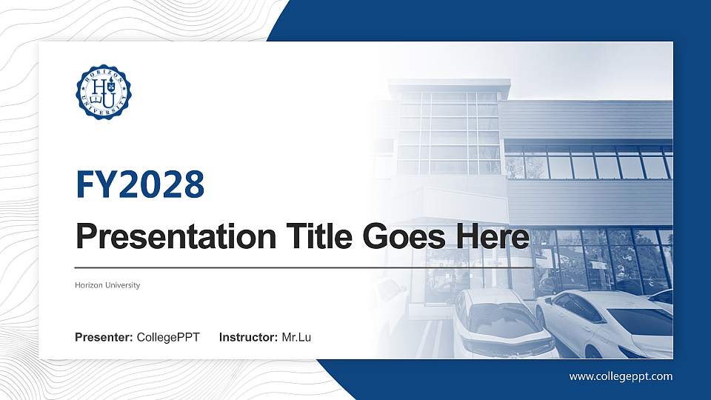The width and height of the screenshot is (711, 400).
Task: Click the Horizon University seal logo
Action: click(x=103, y=93)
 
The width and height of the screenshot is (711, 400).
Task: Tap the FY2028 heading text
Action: click(x=140, y=184)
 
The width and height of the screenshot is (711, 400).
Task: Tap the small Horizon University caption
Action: click(x=107, y=285)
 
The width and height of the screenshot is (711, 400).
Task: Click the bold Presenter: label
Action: click(x=104, y=338)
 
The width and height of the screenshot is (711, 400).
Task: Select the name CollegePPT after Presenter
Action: click(x=168, y=338)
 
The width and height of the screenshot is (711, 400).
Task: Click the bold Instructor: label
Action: click(x=249, y=338)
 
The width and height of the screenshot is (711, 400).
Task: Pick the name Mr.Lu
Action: click(x=296, y=338)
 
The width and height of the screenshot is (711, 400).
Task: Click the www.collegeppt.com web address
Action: click(x=621, y=376)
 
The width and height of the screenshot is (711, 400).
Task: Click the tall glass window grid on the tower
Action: click(x=448, y=133)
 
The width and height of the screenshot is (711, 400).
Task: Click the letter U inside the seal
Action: click(x=108, y=99)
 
